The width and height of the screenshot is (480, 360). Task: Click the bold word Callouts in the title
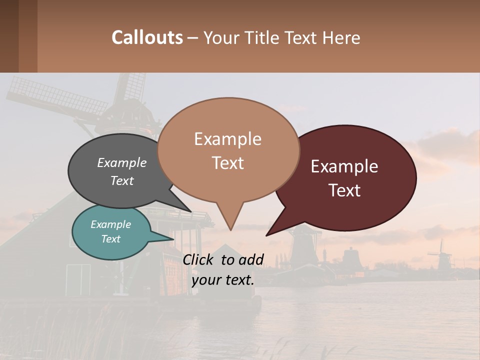(147, 37)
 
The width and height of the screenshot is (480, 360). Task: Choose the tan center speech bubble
(228, 150)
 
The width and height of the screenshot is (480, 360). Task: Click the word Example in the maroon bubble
(344, 166)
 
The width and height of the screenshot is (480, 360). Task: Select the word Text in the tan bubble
(228, 163)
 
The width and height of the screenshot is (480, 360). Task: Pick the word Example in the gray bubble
(122, 163)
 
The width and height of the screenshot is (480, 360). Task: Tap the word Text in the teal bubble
(111, 239)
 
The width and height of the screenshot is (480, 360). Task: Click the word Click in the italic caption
(199, 259)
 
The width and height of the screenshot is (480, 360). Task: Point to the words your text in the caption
(223, 280)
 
